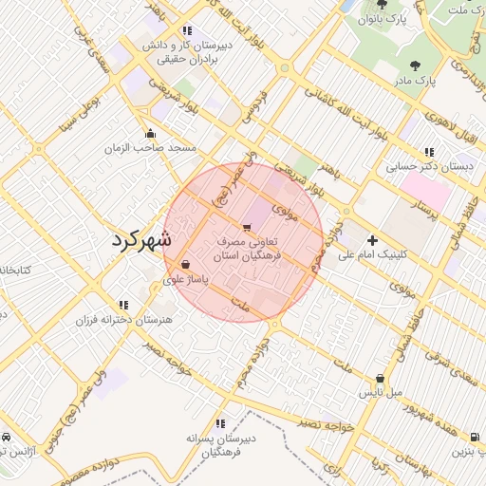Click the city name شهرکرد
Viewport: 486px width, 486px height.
pyautogui.click(x=140, y=239)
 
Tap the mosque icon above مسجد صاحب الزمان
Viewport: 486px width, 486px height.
pyautogui.click(x=149, y=133)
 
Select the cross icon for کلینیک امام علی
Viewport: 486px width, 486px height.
pyautogui.click(x=371, y=240)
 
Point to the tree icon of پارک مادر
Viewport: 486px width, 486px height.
pyautogui.click(x=414, y=65)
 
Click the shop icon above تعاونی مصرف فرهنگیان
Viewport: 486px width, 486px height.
pyautogui.click(x=247, y=227)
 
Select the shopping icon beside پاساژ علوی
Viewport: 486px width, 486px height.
pyautogui.click(x=184, y=264)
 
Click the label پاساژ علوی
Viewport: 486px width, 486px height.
pyautogui.click(x=186, y=280)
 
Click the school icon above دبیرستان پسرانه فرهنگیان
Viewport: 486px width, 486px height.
pyautogui.click(x=221, y=422)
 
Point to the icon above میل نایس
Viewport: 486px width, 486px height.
pyautogui.click(x=381, y=377)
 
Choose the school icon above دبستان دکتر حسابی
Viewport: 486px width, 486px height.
pyautogui.click(x=429, y=151)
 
